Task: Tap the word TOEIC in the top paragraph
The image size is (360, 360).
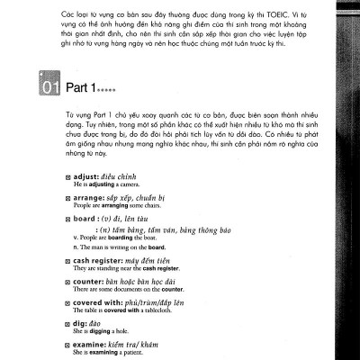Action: click(x=281, y=17)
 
